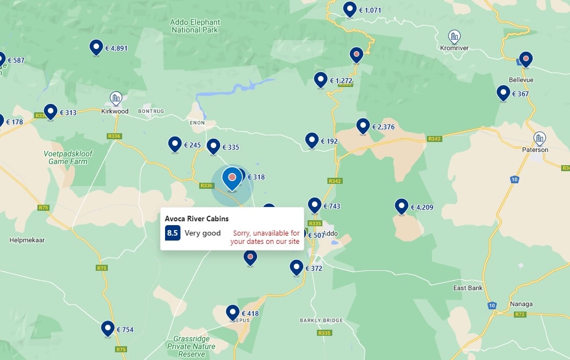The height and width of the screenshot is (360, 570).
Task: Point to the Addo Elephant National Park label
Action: coord(195,26)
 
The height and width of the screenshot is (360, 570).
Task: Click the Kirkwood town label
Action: coord(115,111)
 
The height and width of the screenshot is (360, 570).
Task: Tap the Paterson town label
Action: coord(535,150)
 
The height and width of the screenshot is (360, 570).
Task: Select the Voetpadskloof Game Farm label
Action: coord(68,157)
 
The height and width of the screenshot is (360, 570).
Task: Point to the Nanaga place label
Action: coord(521,304)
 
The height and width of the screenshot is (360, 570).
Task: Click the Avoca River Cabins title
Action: coord(196,219)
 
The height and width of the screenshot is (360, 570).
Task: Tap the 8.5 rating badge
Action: coord(172,233)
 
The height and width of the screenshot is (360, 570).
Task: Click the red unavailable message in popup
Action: coord(265,237)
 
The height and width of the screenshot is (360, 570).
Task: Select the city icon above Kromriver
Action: coord(454,37)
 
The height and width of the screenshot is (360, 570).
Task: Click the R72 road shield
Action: coord(519,314)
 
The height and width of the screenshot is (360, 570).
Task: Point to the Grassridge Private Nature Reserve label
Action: coord(191,346)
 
